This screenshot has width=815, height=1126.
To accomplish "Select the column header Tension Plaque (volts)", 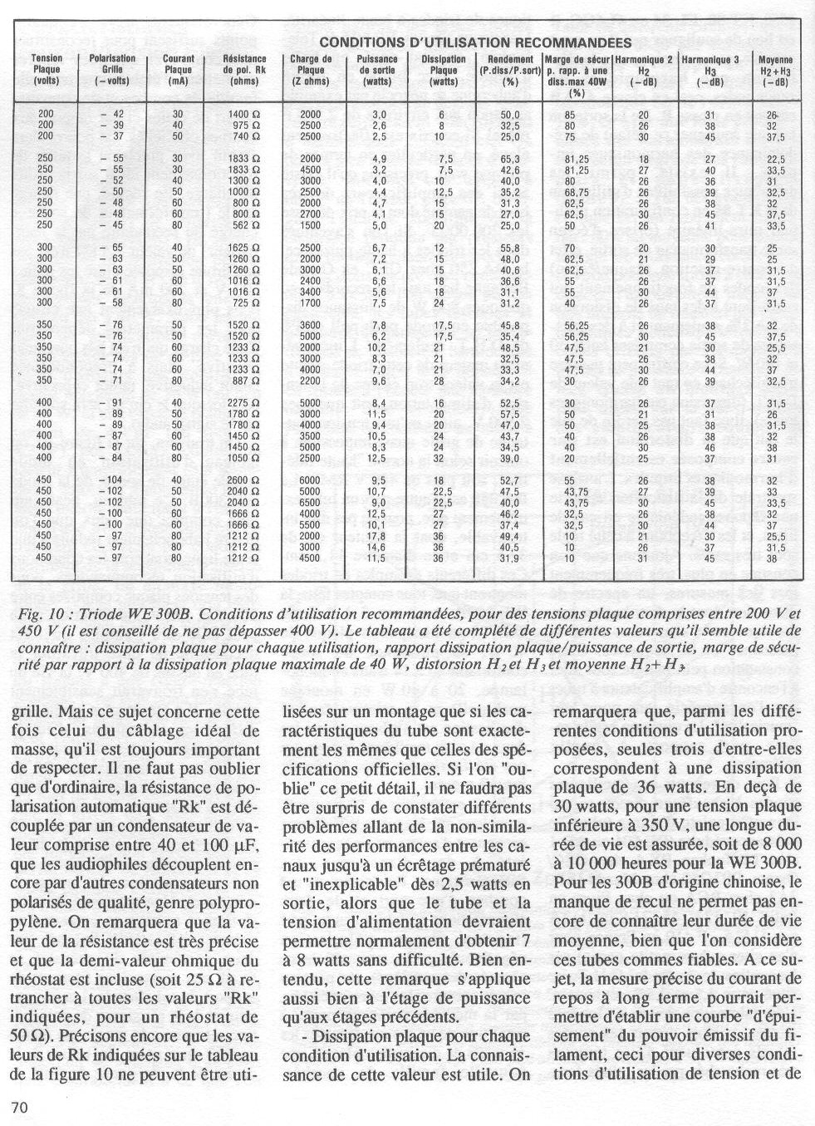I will pyautogui.click(x=47, y=70).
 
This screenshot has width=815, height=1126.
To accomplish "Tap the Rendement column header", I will pyautogui.click(x=510, y=70).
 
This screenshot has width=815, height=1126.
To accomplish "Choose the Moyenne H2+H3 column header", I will pyautogui.click(x=775, y=70).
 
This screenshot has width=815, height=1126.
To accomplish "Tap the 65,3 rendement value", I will pyautogui.click(x=510, y=158).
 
